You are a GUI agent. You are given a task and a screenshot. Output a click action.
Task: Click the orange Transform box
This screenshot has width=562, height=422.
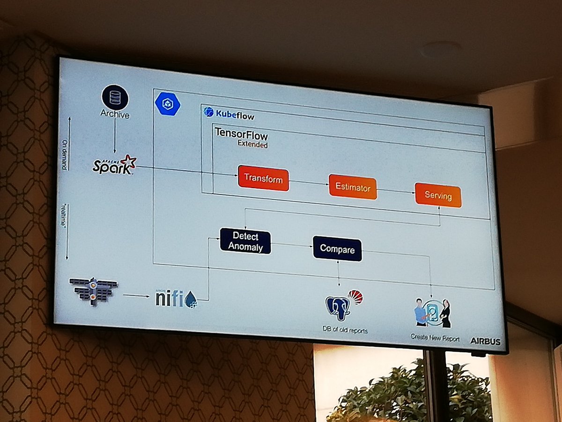click(x=263, y=179)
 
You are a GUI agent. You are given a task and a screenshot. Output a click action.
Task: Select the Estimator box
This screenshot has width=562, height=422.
click(x=353, y=187)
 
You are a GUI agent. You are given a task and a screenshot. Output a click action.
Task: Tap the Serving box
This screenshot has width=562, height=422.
click(x=438, y=196)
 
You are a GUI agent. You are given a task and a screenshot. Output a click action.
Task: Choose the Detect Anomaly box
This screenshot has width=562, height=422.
click(x=245, y=241)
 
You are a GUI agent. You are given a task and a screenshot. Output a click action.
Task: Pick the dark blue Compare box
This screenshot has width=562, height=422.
click(x=337, y=249)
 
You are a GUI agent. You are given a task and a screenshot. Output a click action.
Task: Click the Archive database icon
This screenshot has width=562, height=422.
click(x=115, y=97)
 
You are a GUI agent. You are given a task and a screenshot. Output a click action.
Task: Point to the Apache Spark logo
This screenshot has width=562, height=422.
click(x=114, y=166)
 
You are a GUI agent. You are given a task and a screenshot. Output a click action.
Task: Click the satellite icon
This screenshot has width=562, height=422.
click(x=94, y=290)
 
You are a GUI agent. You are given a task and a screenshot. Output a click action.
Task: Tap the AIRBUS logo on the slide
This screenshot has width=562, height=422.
click(x=485, y=341)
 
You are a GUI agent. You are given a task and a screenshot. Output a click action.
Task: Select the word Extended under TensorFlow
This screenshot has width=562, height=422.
click(x=252, y=145)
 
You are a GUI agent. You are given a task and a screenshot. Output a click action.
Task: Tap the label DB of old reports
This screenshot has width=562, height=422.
click(x=346, y=330)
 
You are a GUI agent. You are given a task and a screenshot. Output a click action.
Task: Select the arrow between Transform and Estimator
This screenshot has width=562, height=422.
click(x=309, y=183)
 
